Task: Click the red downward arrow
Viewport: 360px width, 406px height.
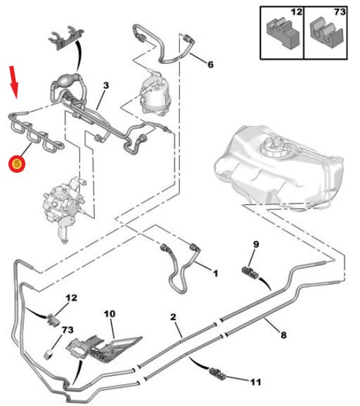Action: click(x=14, y=81)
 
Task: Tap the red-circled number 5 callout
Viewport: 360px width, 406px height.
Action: click(x=17, y=164)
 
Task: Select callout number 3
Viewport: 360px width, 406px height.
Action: click(x=106, y=86)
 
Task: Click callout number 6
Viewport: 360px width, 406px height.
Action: click(x=210, y=64)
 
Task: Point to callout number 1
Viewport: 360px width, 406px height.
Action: click(x=215, y=273)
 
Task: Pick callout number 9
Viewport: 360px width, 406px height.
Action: click(x=256, y=244)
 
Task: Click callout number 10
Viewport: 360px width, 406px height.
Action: click(x=110, y=314)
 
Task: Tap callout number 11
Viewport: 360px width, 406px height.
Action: click(x=255, y=382)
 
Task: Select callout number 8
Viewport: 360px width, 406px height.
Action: click(x=283, y=335)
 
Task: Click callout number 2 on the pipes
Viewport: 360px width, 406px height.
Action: click(x=173, y=317)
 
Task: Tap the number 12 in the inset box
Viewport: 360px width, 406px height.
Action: click(x=297, y=12)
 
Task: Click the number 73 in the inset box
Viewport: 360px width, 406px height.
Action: click(x=340, y=12)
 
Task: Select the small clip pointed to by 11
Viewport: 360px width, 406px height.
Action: click(x=217, y=373)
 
